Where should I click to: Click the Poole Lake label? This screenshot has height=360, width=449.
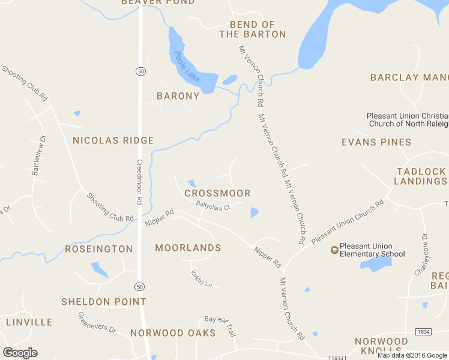187,67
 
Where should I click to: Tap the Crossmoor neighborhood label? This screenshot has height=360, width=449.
217,193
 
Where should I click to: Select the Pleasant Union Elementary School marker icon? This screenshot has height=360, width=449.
334,250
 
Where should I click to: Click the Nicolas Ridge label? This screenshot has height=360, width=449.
113,140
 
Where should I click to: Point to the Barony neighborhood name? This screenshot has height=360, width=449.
178,96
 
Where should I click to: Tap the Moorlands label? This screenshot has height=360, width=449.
188,248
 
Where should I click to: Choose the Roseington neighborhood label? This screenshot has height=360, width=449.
99,249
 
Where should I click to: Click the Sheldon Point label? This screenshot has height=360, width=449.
104,302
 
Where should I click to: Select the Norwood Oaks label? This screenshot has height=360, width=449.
173,333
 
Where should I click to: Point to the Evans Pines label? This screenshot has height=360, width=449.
376,142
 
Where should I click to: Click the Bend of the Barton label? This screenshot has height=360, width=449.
252,29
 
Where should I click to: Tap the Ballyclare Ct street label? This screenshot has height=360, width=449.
213,207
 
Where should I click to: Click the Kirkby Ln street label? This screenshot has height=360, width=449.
202,279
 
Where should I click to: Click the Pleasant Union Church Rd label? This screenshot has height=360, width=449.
347,222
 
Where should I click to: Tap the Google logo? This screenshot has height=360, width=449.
20,353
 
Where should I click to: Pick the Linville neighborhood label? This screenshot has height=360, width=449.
29,322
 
